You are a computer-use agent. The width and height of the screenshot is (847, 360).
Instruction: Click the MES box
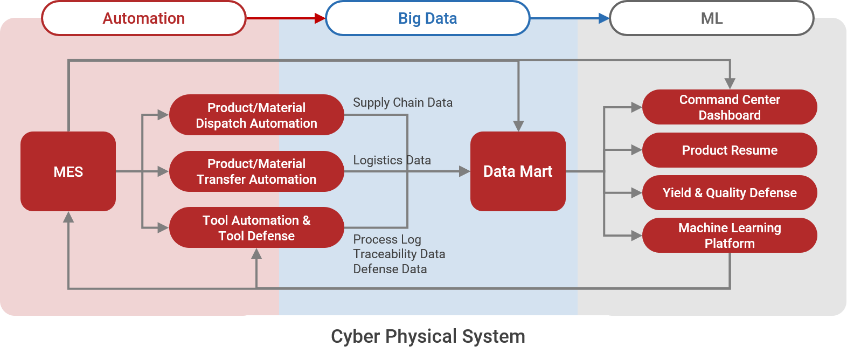(68, 171)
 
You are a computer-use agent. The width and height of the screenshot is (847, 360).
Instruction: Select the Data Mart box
(518, 171)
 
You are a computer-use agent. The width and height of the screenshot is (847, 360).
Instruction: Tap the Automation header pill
(144, 18)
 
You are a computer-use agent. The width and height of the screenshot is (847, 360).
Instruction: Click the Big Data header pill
(428, 18)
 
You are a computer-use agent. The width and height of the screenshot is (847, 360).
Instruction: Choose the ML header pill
(712, 18)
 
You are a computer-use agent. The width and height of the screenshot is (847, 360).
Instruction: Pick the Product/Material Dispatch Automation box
(256, 115)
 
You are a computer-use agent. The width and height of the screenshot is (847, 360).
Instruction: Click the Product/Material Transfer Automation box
(256, 171)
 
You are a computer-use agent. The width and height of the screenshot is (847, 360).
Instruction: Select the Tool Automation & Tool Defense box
(256, 227)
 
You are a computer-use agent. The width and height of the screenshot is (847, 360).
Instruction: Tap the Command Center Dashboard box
(730, 107)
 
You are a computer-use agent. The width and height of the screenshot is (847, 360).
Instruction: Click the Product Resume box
(730, 150)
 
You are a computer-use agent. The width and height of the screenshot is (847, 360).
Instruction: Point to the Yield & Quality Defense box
(730, 193)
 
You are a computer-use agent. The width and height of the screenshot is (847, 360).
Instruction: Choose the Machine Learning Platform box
(730, 235)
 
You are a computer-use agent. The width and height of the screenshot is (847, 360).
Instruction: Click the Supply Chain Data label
(402, 103)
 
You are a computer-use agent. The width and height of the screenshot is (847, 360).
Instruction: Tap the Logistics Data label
(392, 161)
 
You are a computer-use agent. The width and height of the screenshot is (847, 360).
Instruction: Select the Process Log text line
(387, 240)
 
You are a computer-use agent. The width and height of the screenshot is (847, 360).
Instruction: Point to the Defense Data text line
(390, 269)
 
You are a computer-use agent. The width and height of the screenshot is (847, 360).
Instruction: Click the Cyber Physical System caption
(428, 336)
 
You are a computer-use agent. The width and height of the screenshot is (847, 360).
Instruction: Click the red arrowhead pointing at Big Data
(320, 18)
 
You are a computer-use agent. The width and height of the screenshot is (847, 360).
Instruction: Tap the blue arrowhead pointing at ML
(604, 18)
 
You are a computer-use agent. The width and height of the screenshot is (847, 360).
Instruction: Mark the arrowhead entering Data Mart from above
(518, 126)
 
